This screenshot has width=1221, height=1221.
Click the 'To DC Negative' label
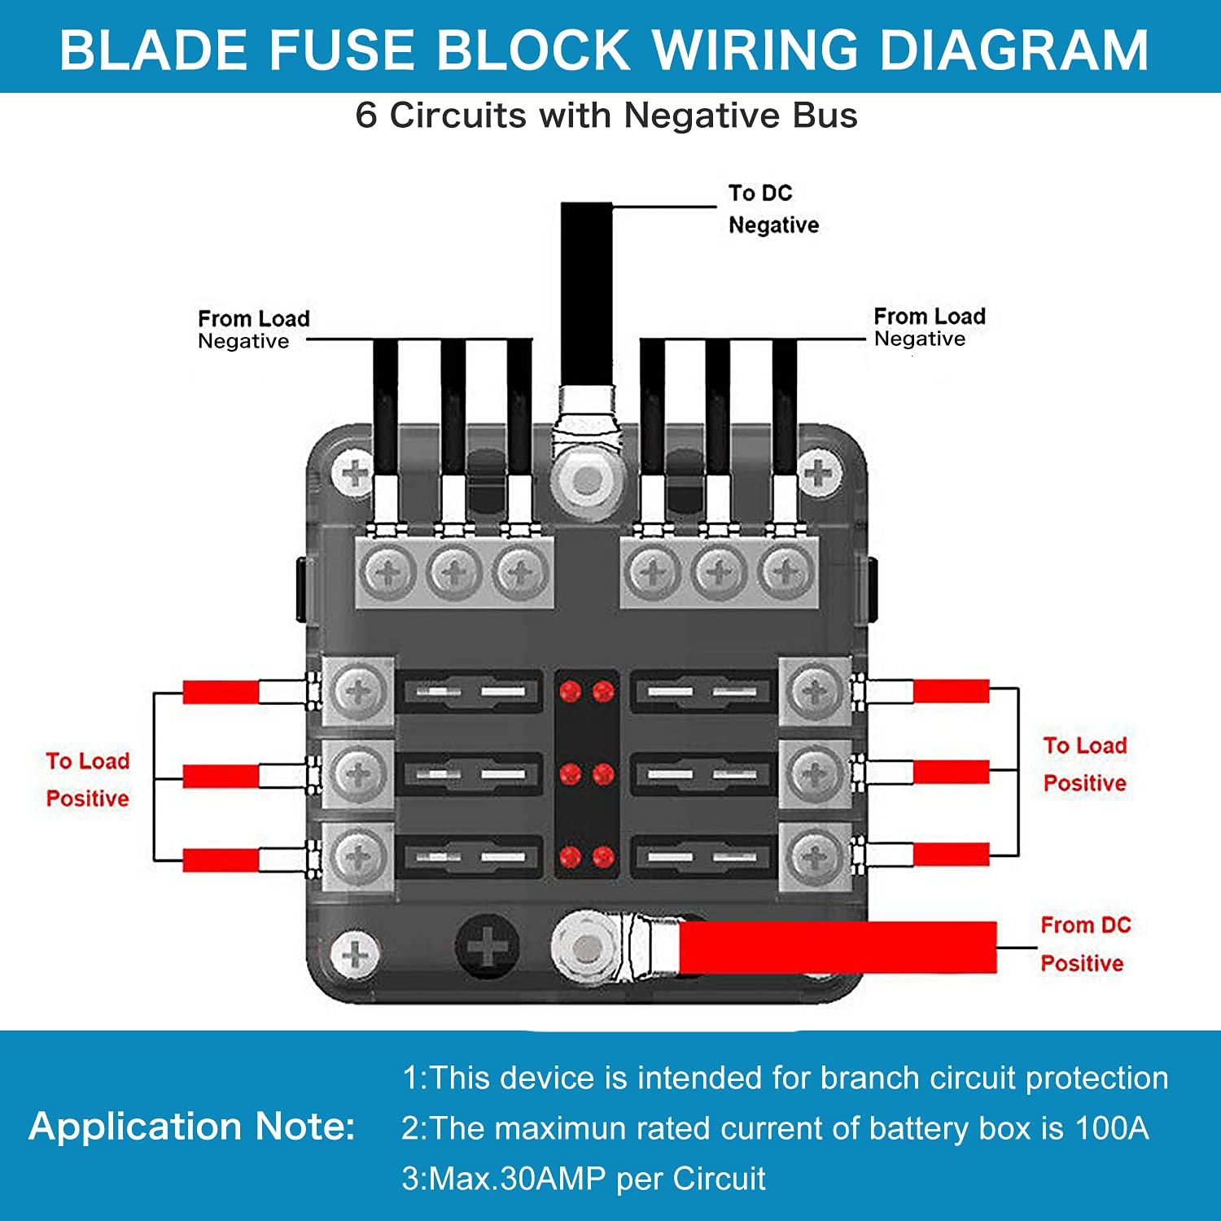pyautogui.click(x=772, y=209)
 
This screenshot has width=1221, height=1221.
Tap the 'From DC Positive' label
pyautogui.click(x=1085, y=944)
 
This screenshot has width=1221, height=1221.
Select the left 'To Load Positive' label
pyautogui.click(x=88, y=779)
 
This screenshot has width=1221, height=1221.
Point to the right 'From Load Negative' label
pyautogui.click(x=929, y=327)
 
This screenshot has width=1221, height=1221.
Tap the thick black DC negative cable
pyautogui.click(x=586, y=293)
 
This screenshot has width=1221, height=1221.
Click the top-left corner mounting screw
pyautogui.click(x=355, y=473)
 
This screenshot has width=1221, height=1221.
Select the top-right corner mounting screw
pyautogui.click(x=819, y=473)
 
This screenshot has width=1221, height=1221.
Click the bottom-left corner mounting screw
pyautogui.click(x=355, y=953)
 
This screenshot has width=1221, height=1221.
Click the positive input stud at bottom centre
pyautogui.click(x=584, y=947)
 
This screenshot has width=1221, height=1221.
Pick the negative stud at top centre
pyautogui.click(x=586, y=480)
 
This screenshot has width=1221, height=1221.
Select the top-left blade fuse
pyautogui.click(x=469, y=692)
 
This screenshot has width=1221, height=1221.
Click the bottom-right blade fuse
pyautogui.click(x=703, y=856)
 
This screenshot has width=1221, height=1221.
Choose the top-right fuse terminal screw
pyautogui.click(x=815, y=692)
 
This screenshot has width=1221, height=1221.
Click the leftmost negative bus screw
pyautogui.click(x=388, y=573)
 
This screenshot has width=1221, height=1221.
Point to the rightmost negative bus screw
pyautogui.click(x=786, y=573)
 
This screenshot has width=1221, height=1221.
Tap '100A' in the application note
pyautogui.click(x=1111, y=1128)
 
